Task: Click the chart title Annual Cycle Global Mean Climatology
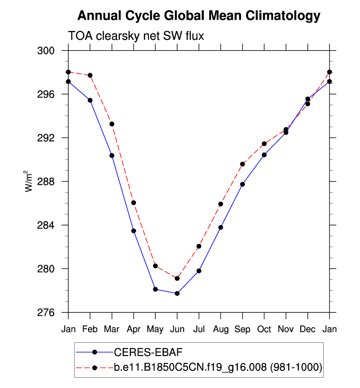(x=199, y=16)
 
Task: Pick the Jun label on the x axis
(x=177, y=328)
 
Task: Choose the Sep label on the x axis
(x=242, y=328)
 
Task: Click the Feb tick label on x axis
(x=90, y=328)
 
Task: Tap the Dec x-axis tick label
(x=307, y=328)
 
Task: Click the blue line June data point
(x=177, y=294)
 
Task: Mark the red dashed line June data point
(x=177, y=278)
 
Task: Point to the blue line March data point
(x=112, y=155)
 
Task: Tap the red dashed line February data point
(x=90, y=75)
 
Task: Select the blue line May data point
(x=155, y=289)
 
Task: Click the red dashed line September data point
(x=242, y=164)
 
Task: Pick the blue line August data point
(x=221, y=227)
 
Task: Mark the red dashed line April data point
(x=134, y=203)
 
